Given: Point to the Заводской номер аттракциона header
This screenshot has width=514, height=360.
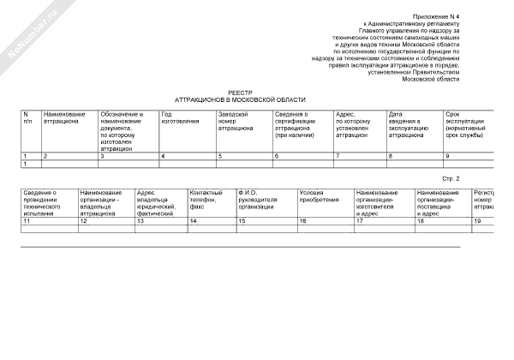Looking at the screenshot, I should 236,121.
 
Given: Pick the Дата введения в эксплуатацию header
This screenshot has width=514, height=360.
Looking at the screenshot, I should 407,124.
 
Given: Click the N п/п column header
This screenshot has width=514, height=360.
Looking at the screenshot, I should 27,117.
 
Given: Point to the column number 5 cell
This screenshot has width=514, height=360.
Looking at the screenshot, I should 220,156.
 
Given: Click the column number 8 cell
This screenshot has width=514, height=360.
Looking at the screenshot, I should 391,156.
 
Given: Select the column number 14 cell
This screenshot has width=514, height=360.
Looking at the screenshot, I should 193,221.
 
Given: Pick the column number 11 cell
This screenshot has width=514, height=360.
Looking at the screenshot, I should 27,221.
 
